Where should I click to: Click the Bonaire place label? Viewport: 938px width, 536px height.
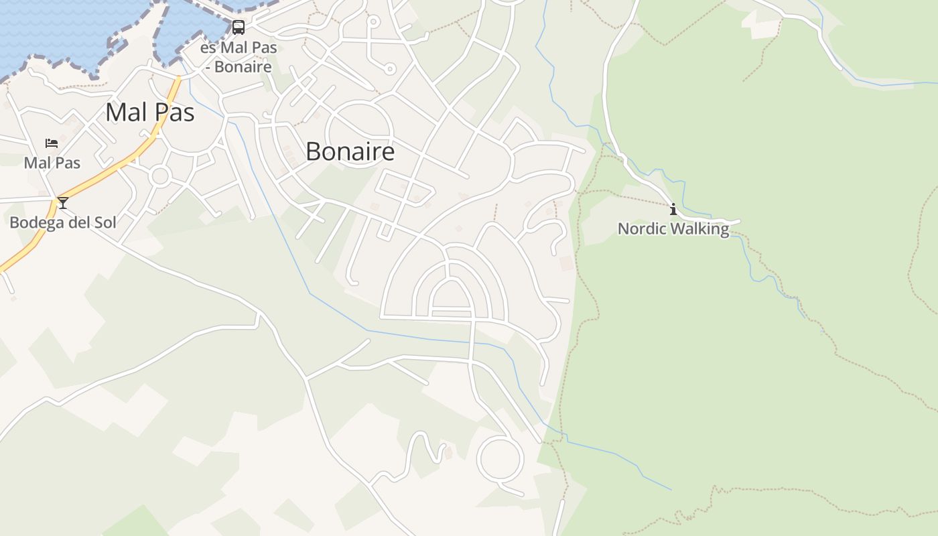(x=350, y=151)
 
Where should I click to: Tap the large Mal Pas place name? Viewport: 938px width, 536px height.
(x=150, y=112)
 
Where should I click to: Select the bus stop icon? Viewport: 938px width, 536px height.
(x=239, y=27)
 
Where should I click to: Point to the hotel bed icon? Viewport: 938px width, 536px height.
(x=52, y=143)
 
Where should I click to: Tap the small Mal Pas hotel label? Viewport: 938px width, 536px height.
(x=52, y=163)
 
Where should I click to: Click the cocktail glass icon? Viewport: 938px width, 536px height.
(x=63, y=202)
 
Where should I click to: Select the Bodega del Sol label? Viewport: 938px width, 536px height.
(x=63, y=222)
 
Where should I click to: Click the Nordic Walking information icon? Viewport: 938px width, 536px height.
(x=673, y=210)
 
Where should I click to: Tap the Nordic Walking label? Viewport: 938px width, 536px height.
(x=673, y=228)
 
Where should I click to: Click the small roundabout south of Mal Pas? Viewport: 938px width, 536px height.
(x=160, y=176)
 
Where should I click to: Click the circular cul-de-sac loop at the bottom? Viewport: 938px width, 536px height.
(x=499, y=459)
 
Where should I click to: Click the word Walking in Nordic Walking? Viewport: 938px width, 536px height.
(x=700, y=228)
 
